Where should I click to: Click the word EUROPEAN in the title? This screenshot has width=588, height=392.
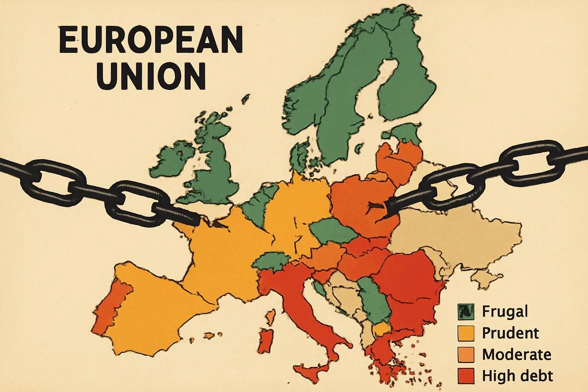coord(151,41)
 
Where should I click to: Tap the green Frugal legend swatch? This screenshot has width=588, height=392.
coord(465,312)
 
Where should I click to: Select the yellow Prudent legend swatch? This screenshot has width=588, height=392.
coord(465,333)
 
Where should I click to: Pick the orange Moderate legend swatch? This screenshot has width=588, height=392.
coord(465,354)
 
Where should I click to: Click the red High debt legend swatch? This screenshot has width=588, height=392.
coord(465,376)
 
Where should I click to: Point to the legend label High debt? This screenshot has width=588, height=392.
coord(517,376)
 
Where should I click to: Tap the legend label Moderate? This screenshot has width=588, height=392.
coord(516,354)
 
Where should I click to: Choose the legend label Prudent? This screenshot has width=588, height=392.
coord(510,333)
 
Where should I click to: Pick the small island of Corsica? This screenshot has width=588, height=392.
coord(270,316)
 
